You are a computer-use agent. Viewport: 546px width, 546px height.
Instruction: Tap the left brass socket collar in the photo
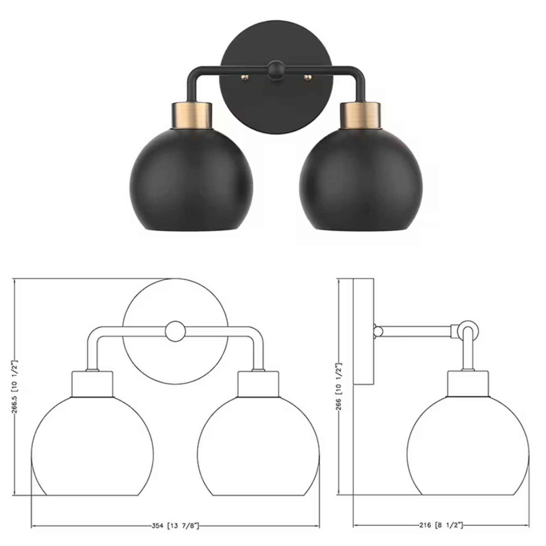point(192,115)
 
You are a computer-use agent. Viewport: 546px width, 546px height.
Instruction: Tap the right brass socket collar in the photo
point(361,115)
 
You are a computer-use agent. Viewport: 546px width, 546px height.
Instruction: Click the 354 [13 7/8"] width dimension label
point(175,526)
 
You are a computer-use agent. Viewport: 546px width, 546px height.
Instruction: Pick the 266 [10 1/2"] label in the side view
point(339,387)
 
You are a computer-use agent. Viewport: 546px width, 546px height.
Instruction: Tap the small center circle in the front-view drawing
point(175,331)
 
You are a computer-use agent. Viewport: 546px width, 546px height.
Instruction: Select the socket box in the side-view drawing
point(468,383)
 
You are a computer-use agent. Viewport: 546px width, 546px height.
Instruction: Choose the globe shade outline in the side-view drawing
point(468,453)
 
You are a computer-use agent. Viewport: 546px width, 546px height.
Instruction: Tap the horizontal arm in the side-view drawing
point(416,331)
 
